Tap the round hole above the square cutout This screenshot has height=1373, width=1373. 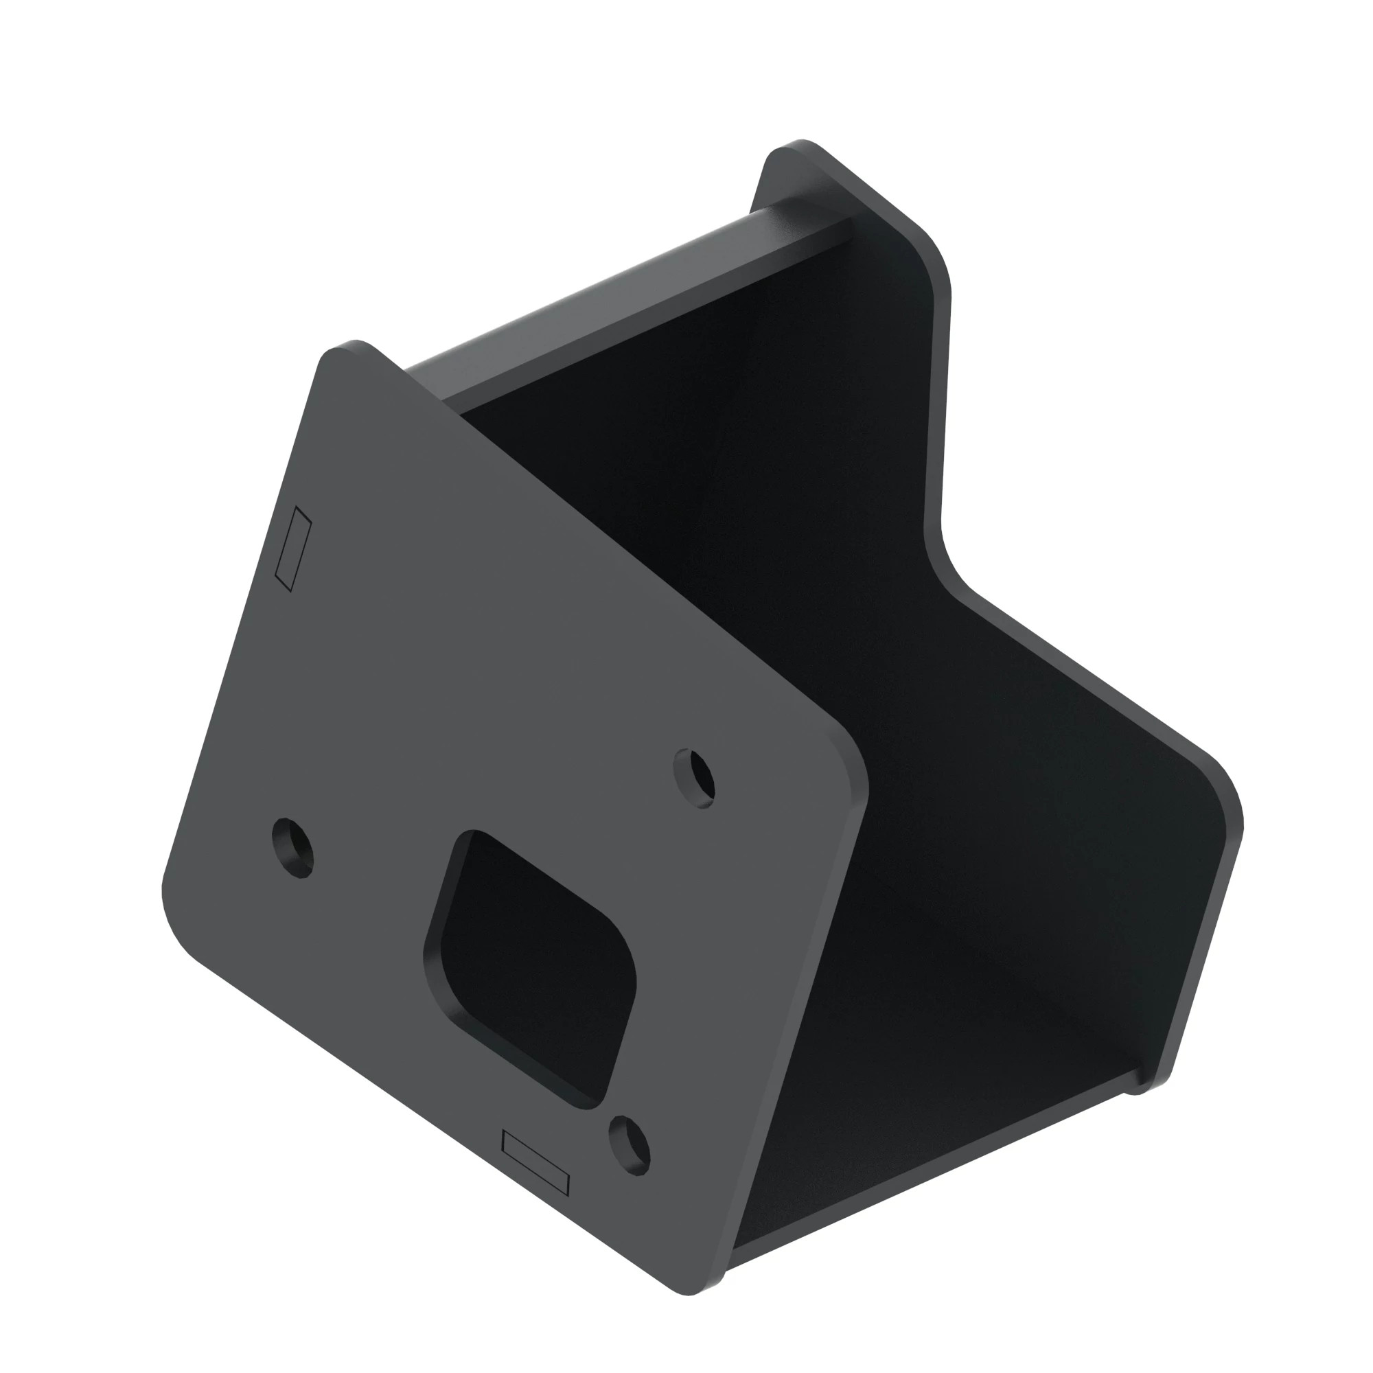point(694,778)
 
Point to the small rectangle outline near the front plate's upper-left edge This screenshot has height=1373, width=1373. point(294,548)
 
